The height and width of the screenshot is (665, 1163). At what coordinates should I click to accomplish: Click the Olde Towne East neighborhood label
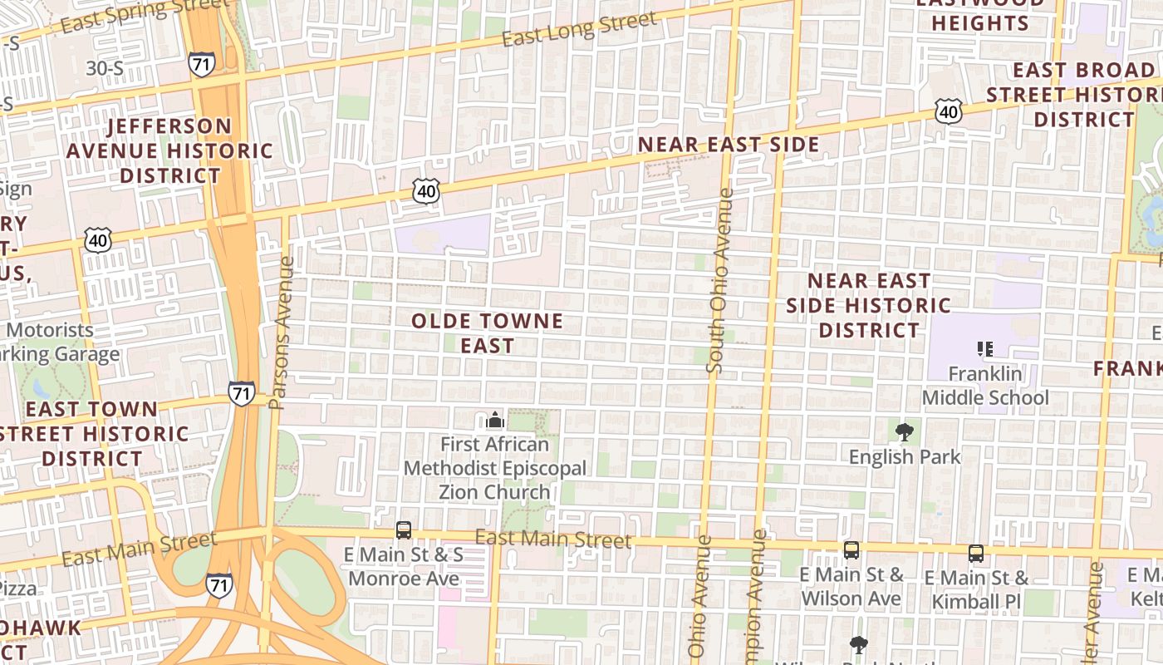coord(487,332)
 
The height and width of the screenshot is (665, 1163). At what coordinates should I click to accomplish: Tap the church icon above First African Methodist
coord(495,420)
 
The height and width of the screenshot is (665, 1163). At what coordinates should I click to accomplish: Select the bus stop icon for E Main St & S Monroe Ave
coord(404,530)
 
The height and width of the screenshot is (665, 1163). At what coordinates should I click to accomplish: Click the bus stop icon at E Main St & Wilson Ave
coord(851,549)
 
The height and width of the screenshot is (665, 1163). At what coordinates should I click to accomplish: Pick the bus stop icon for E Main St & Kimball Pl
coord(976,553)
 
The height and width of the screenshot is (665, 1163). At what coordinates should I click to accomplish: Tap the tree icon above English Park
coord(905,431)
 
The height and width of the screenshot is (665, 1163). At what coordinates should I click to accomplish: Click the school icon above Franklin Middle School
coord(985,348)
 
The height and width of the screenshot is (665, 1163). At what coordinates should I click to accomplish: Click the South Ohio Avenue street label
coord(719,281)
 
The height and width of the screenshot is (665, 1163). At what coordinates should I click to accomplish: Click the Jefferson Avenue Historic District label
coord(169,150)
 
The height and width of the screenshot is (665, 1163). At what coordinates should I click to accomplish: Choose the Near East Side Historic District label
coord(869,305)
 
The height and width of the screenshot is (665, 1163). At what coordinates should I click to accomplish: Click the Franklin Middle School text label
coord(985,386)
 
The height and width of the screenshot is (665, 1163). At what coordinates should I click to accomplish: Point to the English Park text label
coord(905,456)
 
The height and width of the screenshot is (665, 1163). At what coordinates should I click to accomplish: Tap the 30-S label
coord(105,68)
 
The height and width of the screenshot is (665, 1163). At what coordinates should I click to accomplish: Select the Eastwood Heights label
coord(980,14)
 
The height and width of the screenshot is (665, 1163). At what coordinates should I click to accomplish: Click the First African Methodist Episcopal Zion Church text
coord(495,468)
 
